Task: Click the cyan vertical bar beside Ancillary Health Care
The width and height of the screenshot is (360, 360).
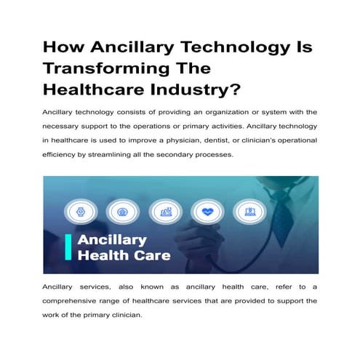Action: [68, 247]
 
